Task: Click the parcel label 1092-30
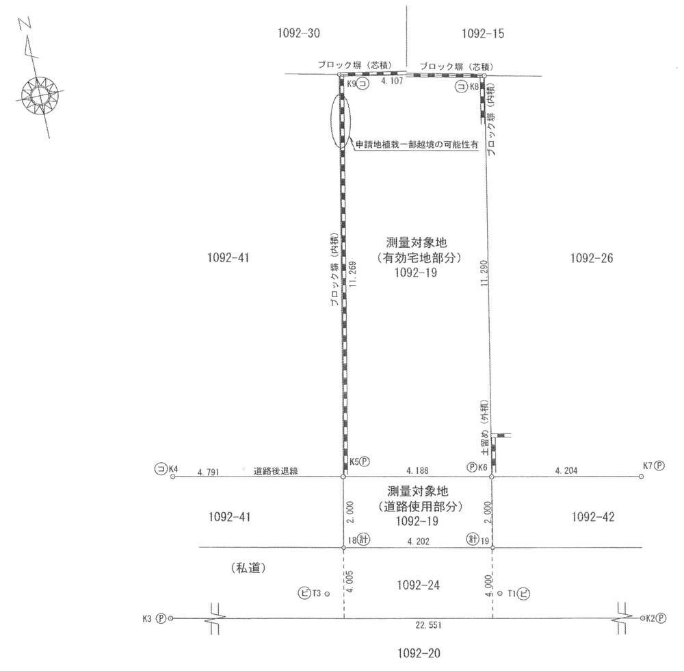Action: pos(299,33)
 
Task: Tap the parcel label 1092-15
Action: pos(483,33)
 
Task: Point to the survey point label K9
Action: pos(352,83)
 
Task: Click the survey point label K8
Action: pos(473,86)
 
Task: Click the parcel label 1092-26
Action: pos(592,258)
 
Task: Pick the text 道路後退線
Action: pos(274,471)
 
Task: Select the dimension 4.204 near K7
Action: pos(566,470)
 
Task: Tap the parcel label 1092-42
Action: pos(592,518)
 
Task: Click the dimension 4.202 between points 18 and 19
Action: pos(417,541)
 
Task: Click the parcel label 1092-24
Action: pos(417,585)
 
